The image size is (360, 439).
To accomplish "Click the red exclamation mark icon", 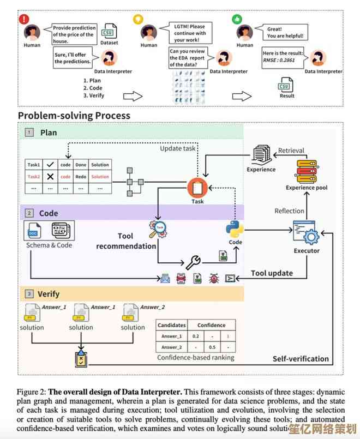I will click(23, 19).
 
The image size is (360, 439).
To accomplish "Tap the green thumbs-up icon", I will click(237, 19).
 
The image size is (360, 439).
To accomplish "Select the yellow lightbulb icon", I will click(138, 19).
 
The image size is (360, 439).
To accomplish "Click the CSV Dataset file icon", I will click(109, 31).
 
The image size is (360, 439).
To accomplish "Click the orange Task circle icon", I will click(197, 188).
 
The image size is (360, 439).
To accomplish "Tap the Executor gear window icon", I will click(306, 233).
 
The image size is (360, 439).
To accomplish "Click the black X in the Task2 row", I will click(50, 177).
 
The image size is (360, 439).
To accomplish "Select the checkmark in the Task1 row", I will click(50, 165).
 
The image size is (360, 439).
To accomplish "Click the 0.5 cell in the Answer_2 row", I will click(212, 347).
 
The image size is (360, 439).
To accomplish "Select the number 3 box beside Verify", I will click(28, 294).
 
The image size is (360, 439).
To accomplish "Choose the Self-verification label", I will click(301, 359).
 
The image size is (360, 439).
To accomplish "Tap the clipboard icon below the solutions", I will click(81, 358).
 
